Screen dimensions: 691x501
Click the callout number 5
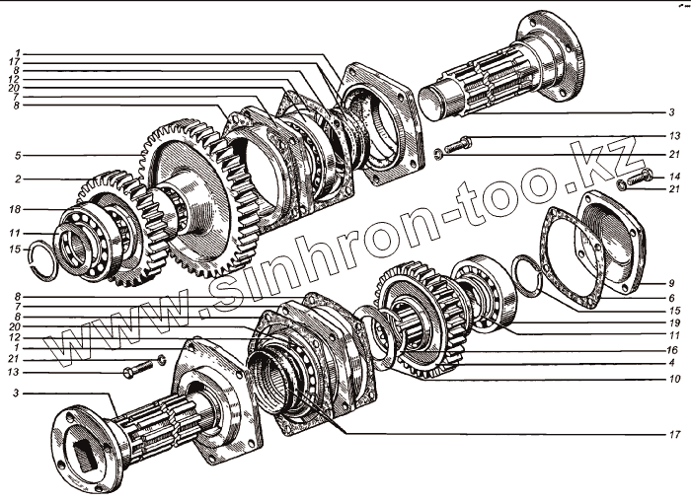[18, 156]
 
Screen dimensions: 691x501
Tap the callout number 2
[18, 179]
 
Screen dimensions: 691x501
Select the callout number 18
[15, 209]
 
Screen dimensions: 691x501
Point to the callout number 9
[671, 283]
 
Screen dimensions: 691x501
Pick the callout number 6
[671, 298]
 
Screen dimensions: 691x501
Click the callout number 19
[674, 323]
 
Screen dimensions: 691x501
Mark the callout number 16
[672, 350]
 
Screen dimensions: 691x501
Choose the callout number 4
[671, 364]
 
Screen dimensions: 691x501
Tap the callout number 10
[674, 379]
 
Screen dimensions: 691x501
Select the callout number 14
[674, 177]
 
